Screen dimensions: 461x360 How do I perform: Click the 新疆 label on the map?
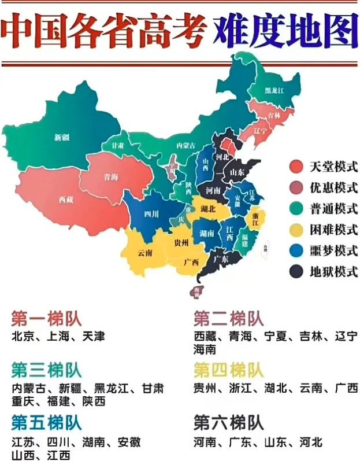pyautogui.click(x=62, y=137)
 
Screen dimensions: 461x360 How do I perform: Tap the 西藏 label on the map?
pyautogui.click(x=66, y=199)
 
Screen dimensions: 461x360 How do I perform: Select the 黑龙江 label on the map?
pyautogui.click(x=274, y=91)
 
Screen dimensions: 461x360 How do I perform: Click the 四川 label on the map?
pyautogui.click(x=151, y=214)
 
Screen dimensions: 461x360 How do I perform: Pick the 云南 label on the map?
pyautogui.click(x=145, y=253)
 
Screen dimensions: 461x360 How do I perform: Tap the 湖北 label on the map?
pyautogui.click(x=208, y=209)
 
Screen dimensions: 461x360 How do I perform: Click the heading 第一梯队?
pyautogui.click(x=46, y=318)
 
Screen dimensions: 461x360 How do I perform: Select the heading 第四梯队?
pyautogui.click(x=228, y=370)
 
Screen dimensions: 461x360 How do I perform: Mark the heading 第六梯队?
pyautogui.click(x=228, y=422)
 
